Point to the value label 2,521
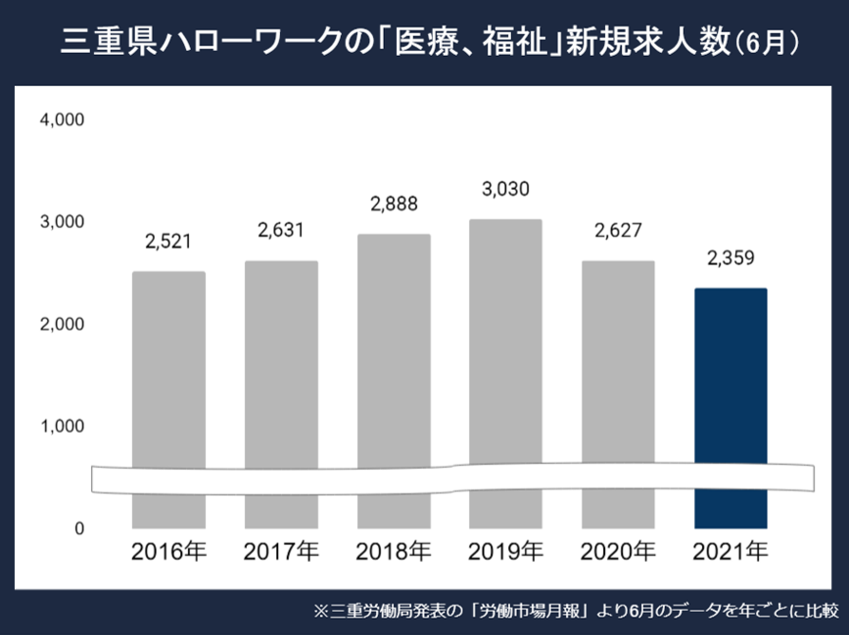168,242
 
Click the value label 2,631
281,231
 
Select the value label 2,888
394,204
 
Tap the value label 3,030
505,189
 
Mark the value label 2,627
618,231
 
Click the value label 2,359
731,259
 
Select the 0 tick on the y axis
79,528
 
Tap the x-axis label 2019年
505,551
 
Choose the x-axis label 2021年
731,551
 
